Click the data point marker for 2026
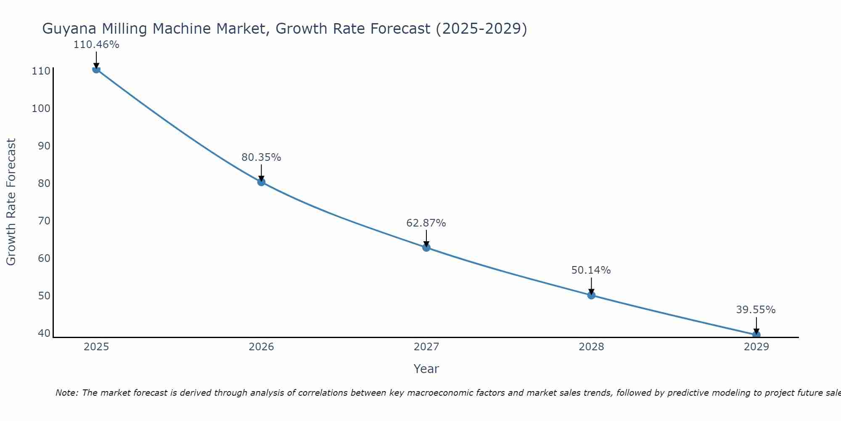point(261,182)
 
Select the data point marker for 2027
point(426,248)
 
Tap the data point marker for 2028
point(591,295)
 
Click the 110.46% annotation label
point(96,45)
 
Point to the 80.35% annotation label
point(261,157)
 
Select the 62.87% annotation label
point(426,223)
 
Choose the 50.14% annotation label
point(591,270)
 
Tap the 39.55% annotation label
point(756,310)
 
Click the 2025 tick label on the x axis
point(96,347)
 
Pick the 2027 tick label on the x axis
point(426,347)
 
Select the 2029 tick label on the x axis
point(756,347)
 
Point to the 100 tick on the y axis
point(41,109)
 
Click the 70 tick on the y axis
point(44,221)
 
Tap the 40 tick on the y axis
point(44,333)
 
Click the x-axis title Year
point(426,369)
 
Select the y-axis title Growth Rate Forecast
point(11,202)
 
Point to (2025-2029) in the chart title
point(481,29)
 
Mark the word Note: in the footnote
point(67,393)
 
